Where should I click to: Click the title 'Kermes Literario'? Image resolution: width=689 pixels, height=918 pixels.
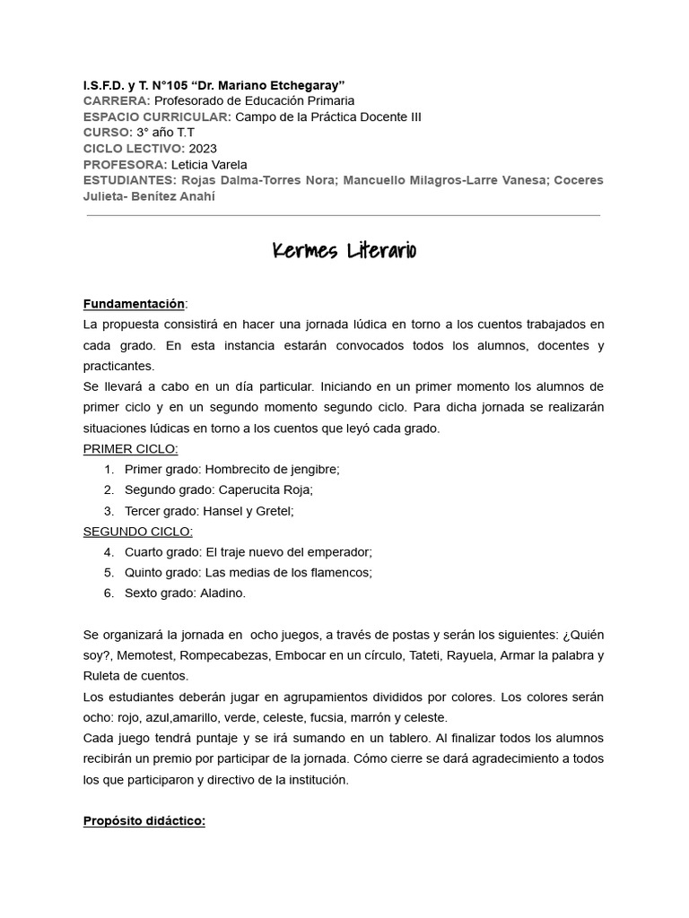tap(344, 250)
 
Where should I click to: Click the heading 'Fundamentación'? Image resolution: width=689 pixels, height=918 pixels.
tap(133, 304)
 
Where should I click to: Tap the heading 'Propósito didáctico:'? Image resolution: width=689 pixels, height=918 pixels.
tap(144, 820)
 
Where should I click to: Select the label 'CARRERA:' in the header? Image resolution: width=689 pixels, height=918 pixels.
tap(116, 100)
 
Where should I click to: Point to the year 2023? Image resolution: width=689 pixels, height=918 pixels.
tap(203, 148)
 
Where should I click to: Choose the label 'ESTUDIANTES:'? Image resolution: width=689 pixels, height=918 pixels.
tap(131, 180)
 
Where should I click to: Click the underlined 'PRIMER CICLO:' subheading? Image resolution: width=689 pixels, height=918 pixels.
tap(130, 448)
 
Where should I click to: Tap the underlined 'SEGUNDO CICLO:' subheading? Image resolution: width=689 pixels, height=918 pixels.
tap(137, 531)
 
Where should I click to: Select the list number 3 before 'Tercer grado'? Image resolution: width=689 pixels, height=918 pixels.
tap(108, 511)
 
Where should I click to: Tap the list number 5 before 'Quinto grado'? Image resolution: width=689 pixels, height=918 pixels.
tap(108, 572)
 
